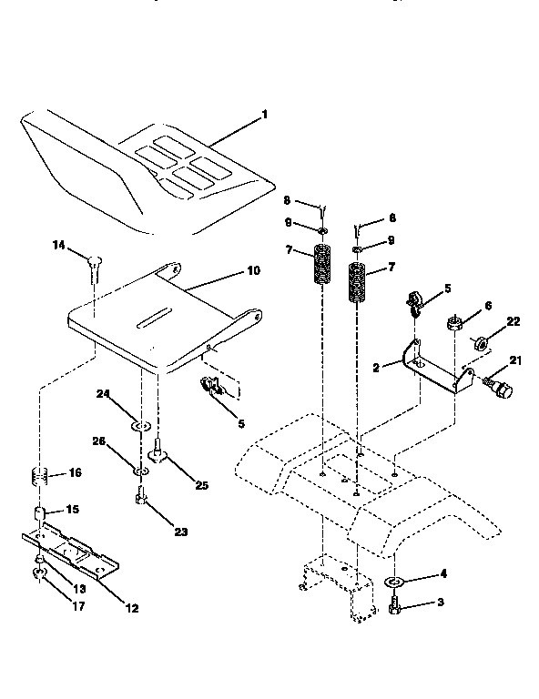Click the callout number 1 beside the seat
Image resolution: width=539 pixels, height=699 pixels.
264,115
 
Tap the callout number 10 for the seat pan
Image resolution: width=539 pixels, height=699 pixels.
253,271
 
